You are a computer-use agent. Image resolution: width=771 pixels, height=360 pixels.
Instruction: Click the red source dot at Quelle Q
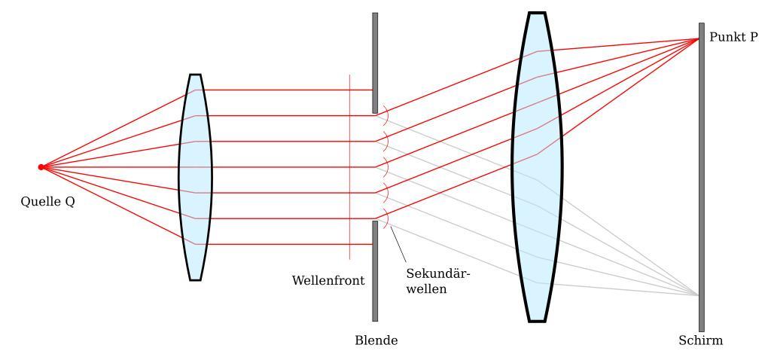41,167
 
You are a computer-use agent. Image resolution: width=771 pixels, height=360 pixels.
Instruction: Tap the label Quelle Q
47,202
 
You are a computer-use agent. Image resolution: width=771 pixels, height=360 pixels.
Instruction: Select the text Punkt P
733,37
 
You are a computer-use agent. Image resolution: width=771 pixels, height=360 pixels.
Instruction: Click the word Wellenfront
328,281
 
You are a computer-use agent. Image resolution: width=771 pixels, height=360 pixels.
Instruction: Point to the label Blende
376,340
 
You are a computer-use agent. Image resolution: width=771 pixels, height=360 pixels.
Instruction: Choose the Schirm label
700,340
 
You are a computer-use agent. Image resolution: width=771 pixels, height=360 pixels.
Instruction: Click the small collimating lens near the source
195,177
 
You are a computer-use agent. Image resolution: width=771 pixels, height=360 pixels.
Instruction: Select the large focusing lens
536,167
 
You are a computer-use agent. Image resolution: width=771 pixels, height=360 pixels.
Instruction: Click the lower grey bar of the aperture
375,271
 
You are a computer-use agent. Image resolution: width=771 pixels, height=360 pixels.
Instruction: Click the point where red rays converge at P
699,39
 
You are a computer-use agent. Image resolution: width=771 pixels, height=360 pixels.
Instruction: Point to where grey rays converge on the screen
699,294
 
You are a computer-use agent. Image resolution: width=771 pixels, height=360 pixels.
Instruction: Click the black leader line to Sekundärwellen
398,244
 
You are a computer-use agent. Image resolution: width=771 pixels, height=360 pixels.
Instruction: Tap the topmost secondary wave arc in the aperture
385,115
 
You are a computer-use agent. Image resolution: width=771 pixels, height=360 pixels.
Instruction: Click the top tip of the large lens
536,13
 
